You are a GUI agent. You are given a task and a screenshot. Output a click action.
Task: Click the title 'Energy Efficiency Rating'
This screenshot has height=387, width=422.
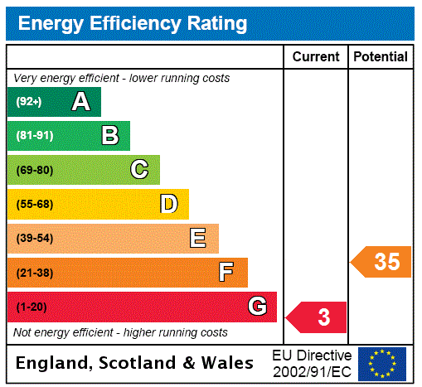133,24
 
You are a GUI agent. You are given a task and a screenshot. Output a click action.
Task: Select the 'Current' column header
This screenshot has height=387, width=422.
316,57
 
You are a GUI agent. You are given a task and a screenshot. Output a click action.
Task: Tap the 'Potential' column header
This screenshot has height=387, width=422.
381,57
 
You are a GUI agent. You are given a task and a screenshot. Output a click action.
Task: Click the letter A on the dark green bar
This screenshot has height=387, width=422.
80,102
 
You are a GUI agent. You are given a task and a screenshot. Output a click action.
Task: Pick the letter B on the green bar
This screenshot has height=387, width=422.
109,136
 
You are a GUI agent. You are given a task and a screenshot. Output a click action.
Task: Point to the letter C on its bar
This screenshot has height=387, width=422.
139,170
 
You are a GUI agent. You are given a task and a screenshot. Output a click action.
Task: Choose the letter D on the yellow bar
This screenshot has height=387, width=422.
168,204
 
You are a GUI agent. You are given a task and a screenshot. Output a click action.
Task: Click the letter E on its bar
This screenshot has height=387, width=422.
198,239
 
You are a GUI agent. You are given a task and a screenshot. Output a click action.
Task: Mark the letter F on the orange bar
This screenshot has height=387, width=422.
226,273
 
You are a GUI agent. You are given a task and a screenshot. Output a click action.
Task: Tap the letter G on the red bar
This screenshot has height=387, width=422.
257,307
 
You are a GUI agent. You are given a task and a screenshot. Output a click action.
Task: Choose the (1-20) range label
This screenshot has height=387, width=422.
32,307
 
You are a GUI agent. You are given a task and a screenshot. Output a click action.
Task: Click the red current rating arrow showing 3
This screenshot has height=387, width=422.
318,317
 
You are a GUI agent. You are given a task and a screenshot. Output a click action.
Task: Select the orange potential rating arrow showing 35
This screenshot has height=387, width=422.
382,262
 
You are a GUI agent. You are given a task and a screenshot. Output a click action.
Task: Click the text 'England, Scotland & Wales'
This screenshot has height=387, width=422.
135,363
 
